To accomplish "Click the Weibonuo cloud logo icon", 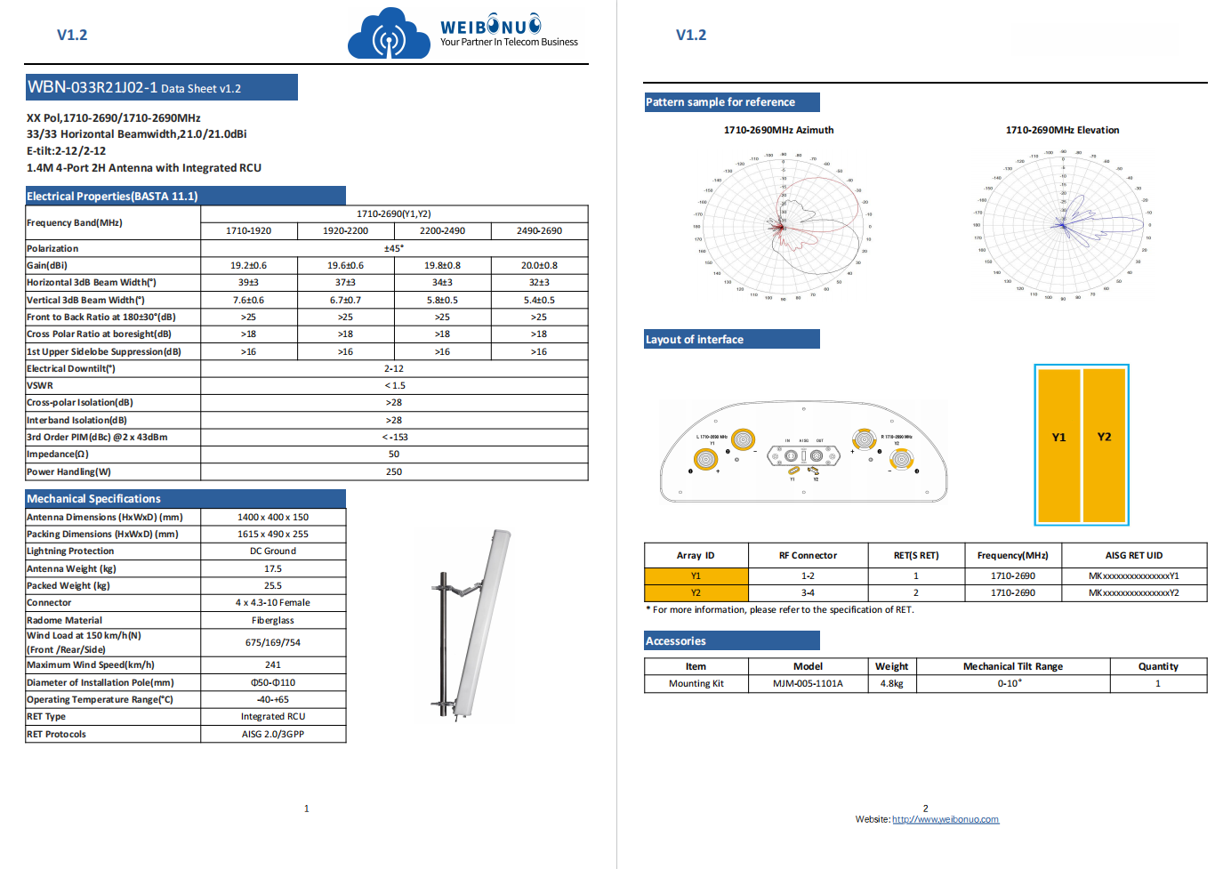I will point(389,36).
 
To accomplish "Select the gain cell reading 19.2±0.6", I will point(248,265).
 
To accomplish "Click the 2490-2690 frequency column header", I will point(539,230).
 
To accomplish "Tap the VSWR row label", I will point(40,385).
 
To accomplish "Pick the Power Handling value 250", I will point(394,471).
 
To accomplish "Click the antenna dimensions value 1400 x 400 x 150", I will point(273,517).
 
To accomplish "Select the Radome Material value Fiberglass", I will point(273,620).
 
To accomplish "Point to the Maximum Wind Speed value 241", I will point(273,664).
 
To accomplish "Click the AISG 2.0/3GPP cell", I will point(273,734).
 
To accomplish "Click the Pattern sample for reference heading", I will point(720,102).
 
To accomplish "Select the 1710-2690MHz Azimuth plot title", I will point(778,130).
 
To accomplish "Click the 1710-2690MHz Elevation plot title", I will point(1062,130).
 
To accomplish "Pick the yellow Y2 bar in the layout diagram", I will point(1105,445).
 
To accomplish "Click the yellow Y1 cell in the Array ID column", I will point(696,575).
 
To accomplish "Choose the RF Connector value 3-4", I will point(808,592).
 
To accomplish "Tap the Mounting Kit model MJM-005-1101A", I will point(808,683).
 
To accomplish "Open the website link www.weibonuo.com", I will point(945,819).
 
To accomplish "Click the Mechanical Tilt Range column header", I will point(1012,666).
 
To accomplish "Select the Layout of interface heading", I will point(695,340).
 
